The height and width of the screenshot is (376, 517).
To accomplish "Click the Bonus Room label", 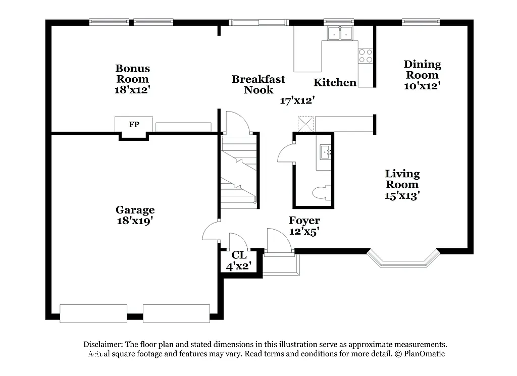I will (x=133, y=74).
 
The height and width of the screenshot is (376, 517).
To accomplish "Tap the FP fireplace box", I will (x=134, y=124).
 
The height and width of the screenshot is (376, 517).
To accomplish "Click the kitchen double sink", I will (x=340, y=33).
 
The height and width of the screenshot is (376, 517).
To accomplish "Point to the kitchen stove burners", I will (x=366, y=56).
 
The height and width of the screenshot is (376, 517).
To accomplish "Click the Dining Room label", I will (x=422, y=70).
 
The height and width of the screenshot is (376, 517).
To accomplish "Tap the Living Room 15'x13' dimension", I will (x=402, y=196).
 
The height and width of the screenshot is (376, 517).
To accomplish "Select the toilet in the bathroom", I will (x=321, y=193).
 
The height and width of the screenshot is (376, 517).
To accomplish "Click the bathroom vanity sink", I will (x=326, y=150).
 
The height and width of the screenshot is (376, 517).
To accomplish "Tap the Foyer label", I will (x=304, y=221).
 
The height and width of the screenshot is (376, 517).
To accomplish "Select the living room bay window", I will (x=402, y=258).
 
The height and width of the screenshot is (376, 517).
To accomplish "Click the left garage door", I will (x=93, y=313).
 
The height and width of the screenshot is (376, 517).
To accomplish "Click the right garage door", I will (x=176, y=313).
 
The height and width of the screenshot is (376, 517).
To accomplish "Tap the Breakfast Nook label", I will (x=258, y=84).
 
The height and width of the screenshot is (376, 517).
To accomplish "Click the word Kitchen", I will (x=335, y=82).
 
